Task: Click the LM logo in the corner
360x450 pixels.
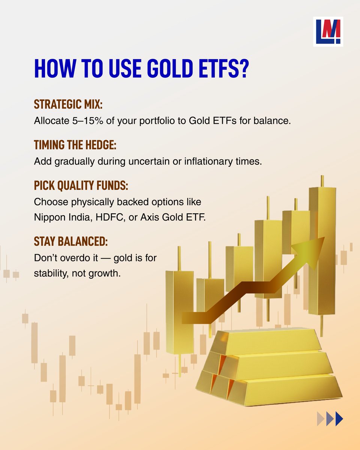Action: coord(328,31)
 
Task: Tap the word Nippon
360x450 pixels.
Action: coord(48,217)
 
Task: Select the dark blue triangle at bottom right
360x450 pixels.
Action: coord(339,418)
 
